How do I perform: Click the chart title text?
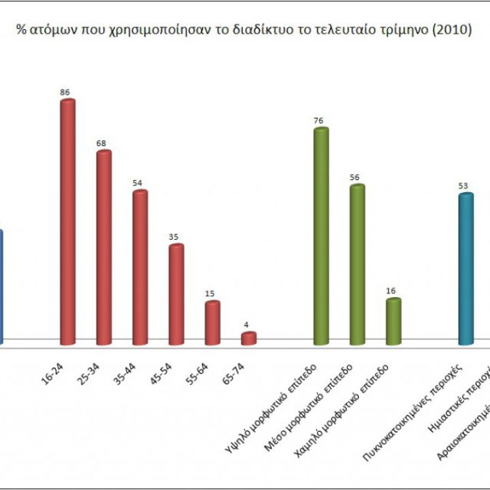tap(244, 31)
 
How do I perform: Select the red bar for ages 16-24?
tap(67, 222)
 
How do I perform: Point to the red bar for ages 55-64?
tap(212, 322)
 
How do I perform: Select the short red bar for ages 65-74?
tap(248, 338)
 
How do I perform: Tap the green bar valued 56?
tap(358, 264)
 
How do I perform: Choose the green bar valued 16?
tap(394, 321)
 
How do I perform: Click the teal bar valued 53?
tap(465, 268)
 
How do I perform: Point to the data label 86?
tap(65, 93)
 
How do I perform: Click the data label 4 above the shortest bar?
tap(247, 325)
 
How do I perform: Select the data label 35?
tap(174, 237)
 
